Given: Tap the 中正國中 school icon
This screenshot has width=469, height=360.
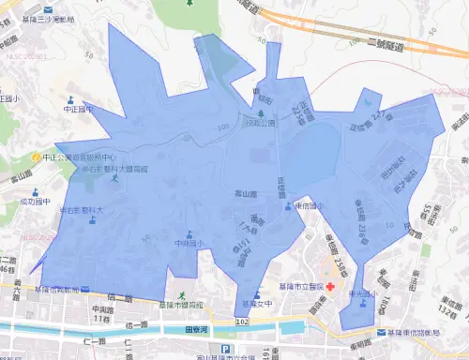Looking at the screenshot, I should coord(69,97).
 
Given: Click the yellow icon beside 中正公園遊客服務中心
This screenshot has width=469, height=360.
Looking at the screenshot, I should coord(35,157).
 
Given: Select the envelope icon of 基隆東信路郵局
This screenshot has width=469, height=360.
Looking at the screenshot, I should coord(380,333).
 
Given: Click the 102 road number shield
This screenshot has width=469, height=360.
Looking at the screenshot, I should coord(243,321).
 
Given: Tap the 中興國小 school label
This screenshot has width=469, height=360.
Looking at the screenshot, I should coord(189,244).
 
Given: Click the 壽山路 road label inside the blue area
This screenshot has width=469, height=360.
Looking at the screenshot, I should coord(245,193).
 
